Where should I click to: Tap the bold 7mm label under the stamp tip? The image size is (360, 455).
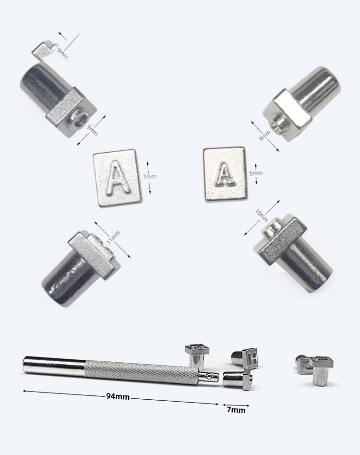(x=236, y=410)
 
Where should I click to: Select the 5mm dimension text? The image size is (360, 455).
(x=256, y=173)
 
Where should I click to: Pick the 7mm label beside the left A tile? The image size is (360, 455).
(x=150, y=176)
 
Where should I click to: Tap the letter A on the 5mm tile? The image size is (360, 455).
(x=224, y=174)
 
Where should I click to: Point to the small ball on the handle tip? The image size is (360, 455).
(x=208, y=376)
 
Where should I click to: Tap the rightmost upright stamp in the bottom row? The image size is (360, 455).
(x=321, y=369)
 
